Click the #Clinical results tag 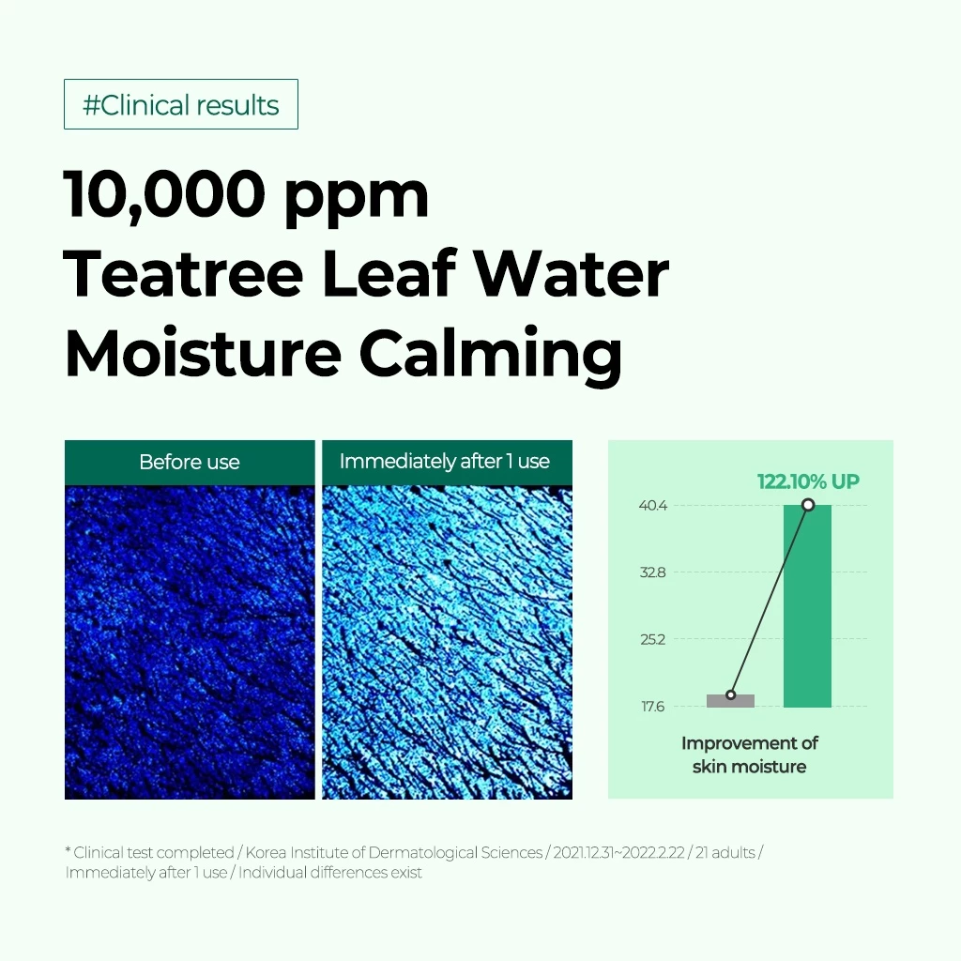point(181,104)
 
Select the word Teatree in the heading point(183,274)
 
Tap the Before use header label point(190,462)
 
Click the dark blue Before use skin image point(190,642)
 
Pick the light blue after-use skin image point(447,642)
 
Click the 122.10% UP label point(808,481)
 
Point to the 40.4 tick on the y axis point(653,506)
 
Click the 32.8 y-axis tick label point(653,572)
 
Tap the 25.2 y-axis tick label point(653,640)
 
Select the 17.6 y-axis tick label point(653,707)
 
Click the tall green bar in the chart point(807,606)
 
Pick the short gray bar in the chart point(730,701)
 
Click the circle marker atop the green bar point(808,505)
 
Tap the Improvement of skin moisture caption point(750,755)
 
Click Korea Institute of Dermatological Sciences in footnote point(394,852)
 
